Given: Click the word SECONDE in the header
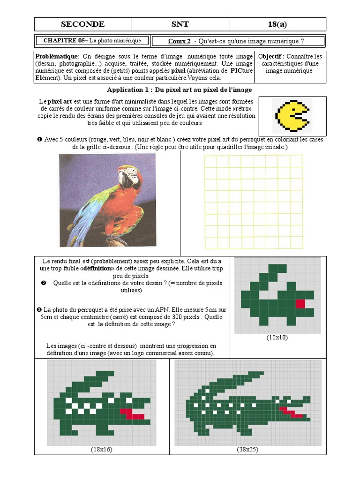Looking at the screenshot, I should pos(82,24).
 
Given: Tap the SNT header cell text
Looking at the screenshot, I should pos(180,24).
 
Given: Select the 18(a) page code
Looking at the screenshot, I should pos(277,24).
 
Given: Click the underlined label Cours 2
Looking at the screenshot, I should pos(179,41).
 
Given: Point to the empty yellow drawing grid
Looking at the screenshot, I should pos(253,202).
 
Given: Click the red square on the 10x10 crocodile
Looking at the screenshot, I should pos(300,303).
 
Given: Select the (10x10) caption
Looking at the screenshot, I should pos(277,337).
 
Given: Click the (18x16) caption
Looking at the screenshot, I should pos(102,450).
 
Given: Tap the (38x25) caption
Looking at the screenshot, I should pos(247,450).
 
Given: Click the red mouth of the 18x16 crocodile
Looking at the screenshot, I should pos(132,414).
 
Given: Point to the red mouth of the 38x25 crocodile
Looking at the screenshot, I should pos(292,412).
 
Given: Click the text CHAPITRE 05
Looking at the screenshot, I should pos(63,41).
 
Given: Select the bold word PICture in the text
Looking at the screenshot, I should pos(241,71).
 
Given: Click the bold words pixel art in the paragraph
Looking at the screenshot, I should pos(60,101).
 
